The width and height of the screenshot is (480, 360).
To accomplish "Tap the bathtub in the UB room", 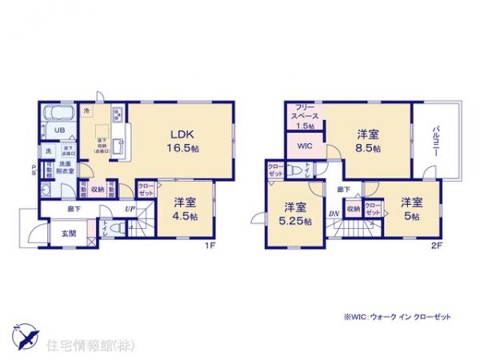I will click(x=57, y=114).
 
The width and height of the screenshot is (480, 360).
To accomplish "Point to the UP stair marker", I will click(x=128, y=210).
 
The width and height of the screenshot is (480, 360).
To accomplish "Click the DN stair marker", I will click(x=333, y=213).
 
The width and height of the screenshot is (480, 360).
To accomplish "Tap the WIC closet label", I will click(x=305, y=146).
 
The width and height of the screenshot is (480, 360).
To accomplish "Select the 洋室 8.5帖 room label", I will click(x=369, y=141).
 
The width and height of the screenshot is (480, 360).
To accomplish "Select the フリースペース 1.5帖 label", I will click(x=307, y=116).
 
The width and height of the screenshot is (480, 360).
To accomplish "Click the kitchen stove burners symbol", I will click(x=117, y=112).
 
